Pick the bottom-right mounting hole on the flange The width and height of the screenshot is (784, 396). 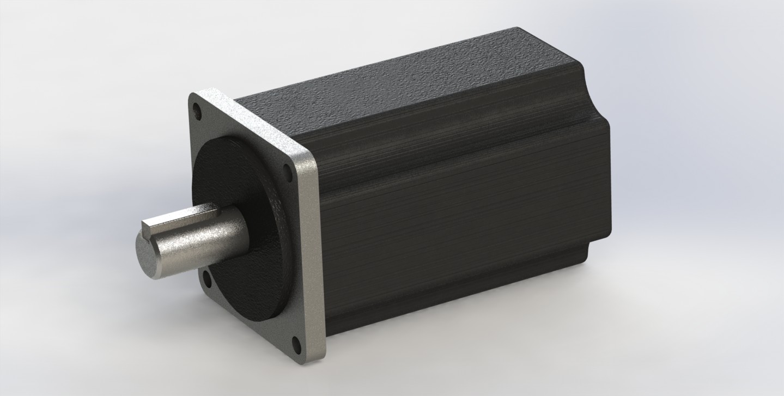[296, 344]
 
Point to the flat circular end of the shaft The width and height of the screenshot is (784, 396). [148, 255]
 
